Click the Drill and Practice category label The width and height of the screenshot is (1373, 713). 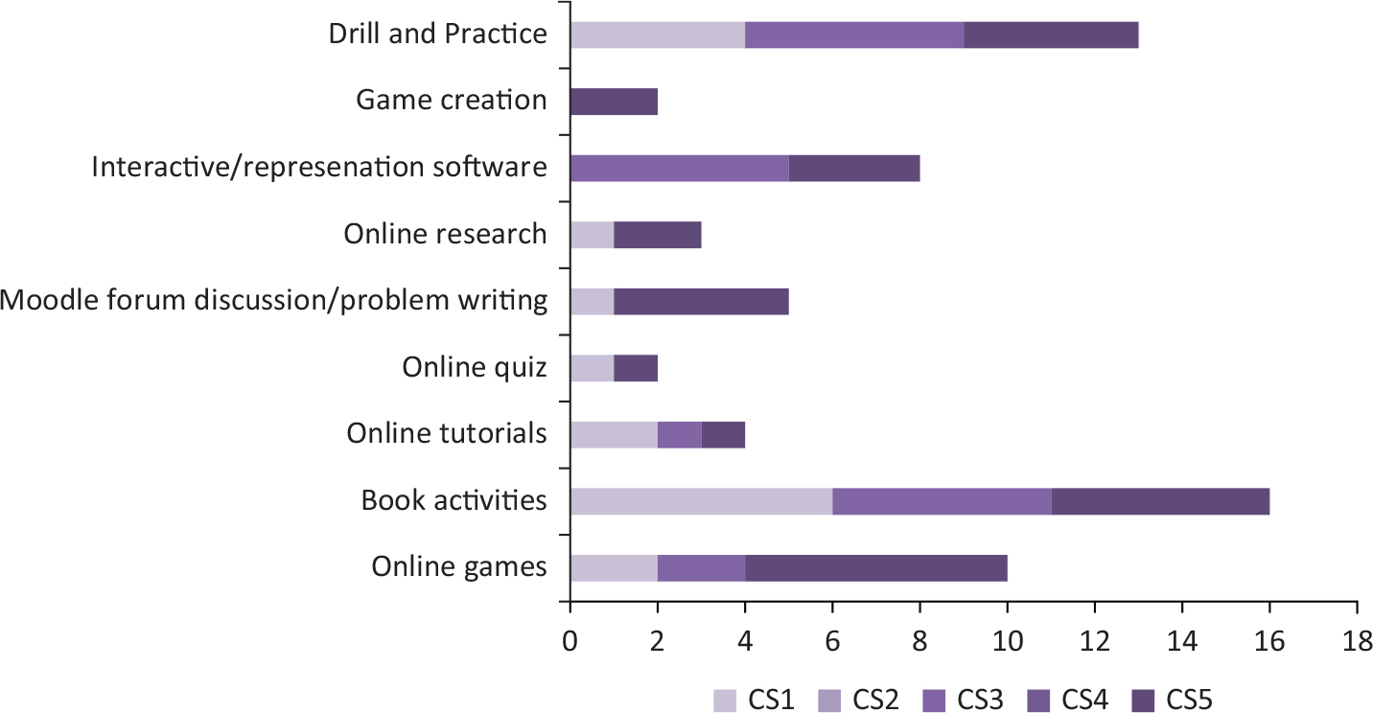pos(437,34)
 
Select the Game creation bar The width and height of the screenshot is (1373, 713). pos(614,101)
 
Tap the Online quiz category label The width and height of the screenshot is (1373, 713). pos(475,367)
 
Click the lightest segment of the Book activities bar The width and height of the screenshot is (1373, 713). pos(701,500)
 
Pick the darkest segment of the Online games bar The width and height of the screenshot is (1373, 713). pos(876,567)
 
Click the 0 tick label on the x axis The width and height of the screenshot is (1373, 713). pos(570,639)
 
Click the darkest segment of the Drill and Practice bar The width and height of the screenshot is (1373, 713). pos(1051,34)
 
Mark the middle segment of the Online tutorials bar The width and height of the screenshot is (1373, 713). pos(680,434)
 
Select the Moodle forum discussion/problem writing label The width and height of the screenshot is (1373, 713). pos(274,301)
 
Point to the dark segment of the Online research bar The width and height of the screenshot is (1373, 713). pos(658,234)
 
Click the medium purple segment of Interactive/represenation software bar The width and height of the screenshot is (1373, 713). pos(679,168)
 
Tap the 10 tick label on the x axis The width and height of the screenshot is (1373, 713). pos(1007,639)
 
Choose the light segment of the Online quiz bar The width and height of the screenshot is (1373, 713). pos(592,367)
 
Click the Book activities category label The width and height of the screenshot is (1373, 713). pos(454,500)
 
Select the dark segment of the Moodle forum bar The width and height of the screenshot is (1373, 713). pos(701,301)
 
